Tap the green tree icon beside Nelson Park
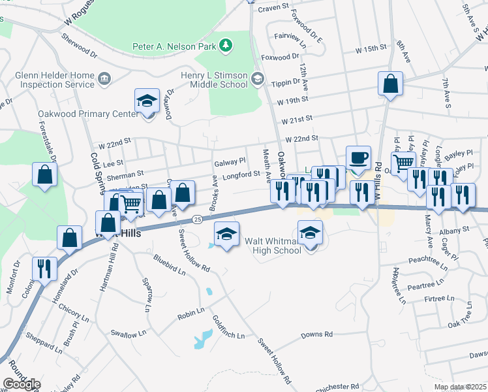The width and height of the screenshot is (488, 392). pos(226,45)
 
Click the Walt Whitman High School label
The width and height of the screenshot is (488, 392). pos(273,246)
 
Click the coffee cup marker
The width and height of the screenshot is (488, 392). pos(358,158)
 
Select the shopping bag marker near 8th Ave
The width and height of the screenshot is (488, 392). pos(390,84)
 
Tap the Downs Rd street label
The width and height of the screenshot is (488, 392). pos(316,335)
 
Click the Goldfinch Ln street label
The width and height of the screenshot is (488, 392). pos(228,327)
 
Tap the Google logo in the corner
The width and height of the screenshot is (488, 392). pos(21,384)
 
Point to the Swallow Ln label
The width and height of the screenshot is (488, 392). pos(124,335)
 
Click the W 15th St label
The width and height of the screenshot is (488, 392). pos(371,50)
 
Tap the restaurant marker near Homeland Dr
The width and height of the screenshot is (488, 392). pos(44,269)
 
